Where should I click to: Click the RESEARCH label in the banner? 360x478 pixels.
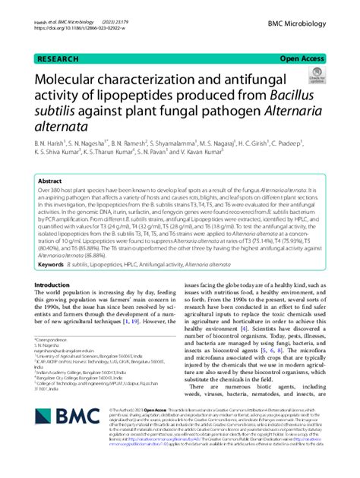coord(55,58)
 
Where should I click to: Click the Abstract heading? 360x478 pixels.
coord(50,183)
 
